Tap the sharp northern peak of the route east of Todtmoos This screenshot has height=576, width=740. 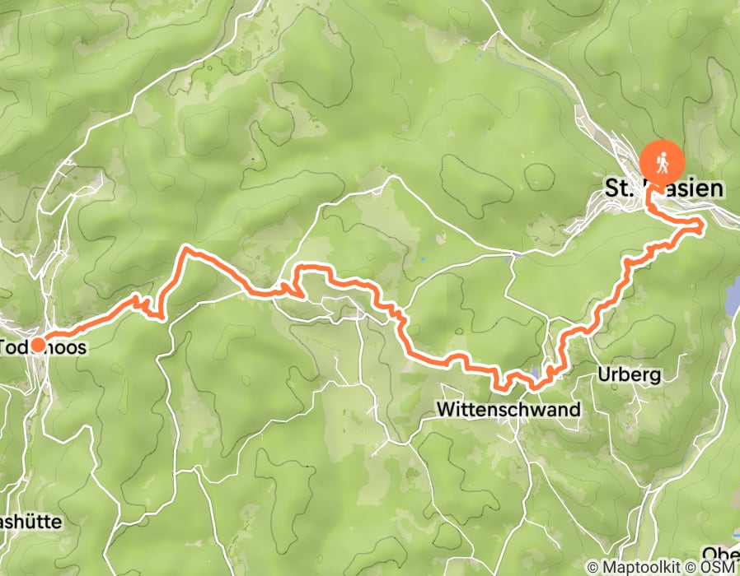pos(186,247)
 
